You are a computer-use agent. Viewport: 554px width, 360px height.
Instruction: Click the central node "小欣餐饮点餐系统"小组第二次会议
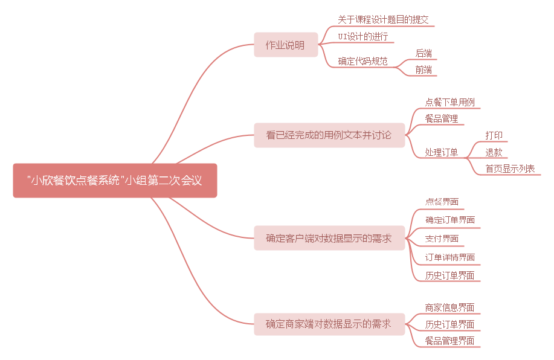pyautogui.click(x=115, y=180)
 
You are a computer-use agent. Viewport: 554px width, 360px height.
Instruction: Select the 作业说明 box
pyautogui.click(x=285, y=45)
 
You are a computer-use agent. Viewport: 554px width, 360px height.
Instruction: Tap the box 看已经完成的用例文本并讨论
pyautogui.click(x=329, y=135)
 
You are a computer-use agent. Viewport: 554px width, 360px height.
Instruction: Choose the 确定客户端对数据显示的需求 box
pyautogui.click(x=329, y=238)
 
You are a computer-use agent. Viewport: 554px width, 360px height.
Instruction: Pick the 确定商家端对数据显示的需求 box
pyautogui.click(x=329, y=324)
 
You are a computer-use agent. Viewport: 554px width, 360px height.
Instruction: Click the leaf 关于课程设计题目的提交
pyautogui.click(x=383, y=20)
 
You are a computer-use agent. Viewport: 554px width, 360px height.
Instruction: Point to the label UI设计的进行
pyautogui.click(x=363, y=37)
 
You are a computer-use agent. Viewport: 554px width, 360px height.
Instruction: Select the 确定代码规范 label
pyautogui.click(x=362, y=61)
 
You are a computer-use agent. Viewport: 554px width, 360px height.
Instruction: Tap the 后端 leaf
pyautogui.click(x=424, y=53)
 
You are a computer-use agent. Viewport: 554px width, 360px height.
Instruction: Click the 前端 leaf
pyautogui.click(x=424, y=69)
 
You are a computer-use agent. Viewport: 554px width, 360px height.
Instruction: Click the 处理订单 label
pyautogui.click(x=441, y=152)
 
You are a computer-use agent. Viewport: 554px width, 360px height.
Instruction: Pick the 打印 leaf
pyautogui.click(x=494, y=135)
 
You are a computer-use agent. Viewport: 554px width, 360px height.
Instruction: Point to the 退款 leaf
pyautogui.click(x=494, y=152)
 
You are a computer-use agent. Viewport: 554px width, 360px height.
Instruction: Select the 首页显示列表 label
pyautogui.click(x=511, y=169)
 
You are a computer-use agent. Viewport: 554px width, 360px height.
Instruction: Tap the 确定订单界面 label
pyautogui.click(x=450, y=220)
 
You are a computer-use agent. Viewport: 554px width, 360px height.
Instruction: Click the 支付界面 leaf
pyautogui.click(x=442, y=239)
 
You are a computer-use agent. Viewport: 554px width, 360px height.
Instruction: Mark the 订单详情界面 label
pyautogui.click(x=450, y=257)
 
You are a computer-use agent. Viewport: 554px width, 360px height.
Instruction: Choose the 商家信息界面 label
pyautogui.click(x=450, y=307)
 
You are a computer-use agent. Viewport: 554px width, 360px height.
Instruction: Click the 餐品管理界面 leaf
pyautogui.click(x=450, y=341)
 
